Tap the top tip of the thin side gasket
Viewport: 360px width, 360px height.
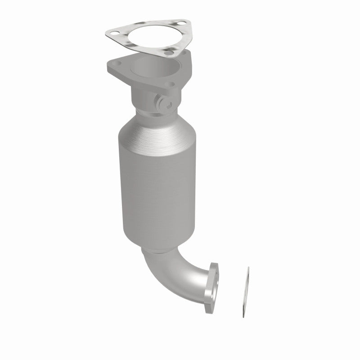click(x=247, y=269)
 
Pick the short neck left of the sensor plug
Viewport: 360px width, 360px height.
click(x=142, y=97)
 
